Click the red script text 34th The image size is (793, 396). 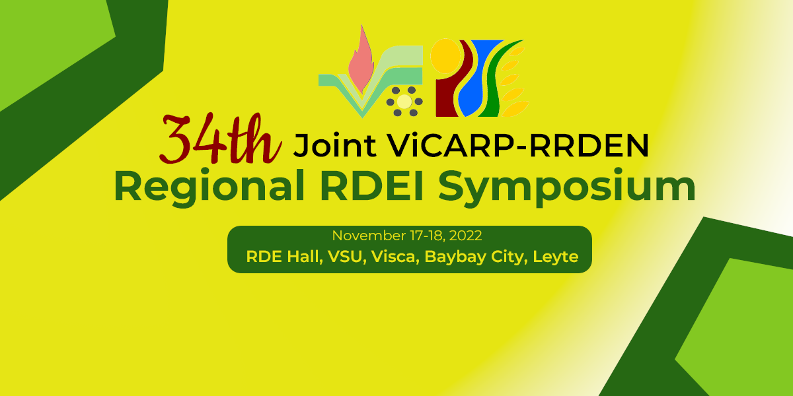220,139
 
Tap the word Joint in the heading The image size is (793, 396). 334,145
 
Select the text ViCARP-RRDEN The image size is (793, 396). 517,145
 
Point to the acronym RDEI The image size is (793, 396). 371,185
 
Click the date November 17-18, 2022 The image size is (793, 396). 407,236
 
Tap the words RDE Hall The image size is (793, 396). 284,257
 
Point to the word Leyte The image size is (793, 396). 555,257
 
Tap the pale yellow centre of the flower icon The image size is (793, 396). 404,102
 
